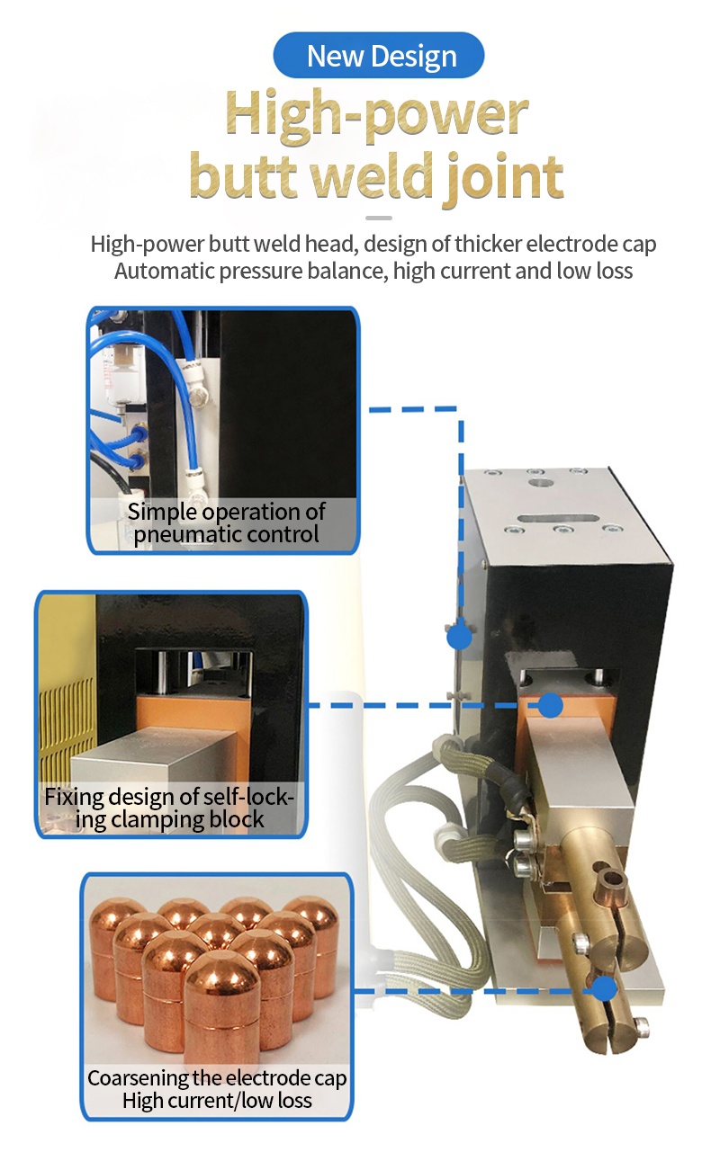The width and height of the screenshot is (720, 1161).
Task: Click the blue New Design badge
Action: point(379,56)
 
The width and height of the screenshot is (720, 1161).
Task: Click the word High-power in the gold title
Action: point(377,116)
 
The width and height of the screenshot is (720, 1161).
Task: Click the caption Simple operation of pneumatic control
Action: point(226,523)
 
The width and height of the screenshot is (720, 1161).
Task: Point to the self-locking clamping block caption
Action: point(169,808)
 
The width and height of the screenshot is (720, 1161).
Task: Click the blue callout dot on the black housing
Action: point(459,636)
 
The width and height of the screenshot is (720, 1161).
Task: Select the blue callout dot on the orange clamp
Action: point(550,705)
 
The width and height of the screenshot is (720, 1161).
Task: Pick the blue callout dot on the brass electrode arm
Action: point(604,988)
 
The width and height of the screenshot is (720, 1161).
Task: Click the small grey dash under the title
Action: point(379,219)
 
